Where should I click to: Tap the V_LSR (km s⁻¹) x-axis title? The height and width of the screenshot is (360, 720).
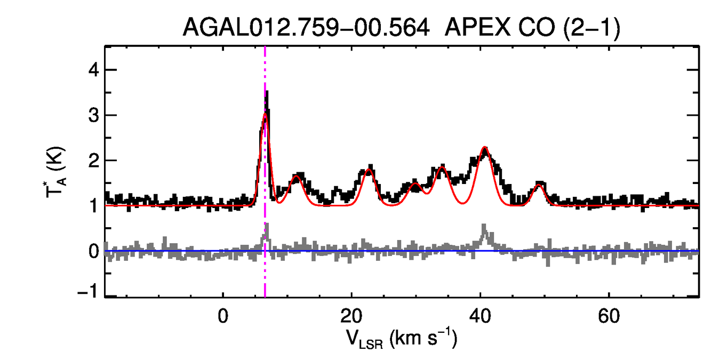coord(402,338)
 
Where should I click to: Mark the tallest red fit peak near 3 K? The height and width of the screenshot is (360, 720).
coord(265,114)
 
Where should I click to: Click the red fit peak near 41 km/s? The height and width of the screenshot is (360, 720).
coord(484,147)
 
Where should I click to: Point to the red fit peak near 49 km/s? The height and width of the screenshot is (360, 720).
coord(539,185)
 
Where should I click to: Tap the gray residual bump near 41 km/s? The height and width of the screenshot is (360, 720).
coord(484,229)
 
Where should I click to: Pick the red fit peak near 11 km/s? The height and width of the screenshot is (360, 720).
coord(297,176)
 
